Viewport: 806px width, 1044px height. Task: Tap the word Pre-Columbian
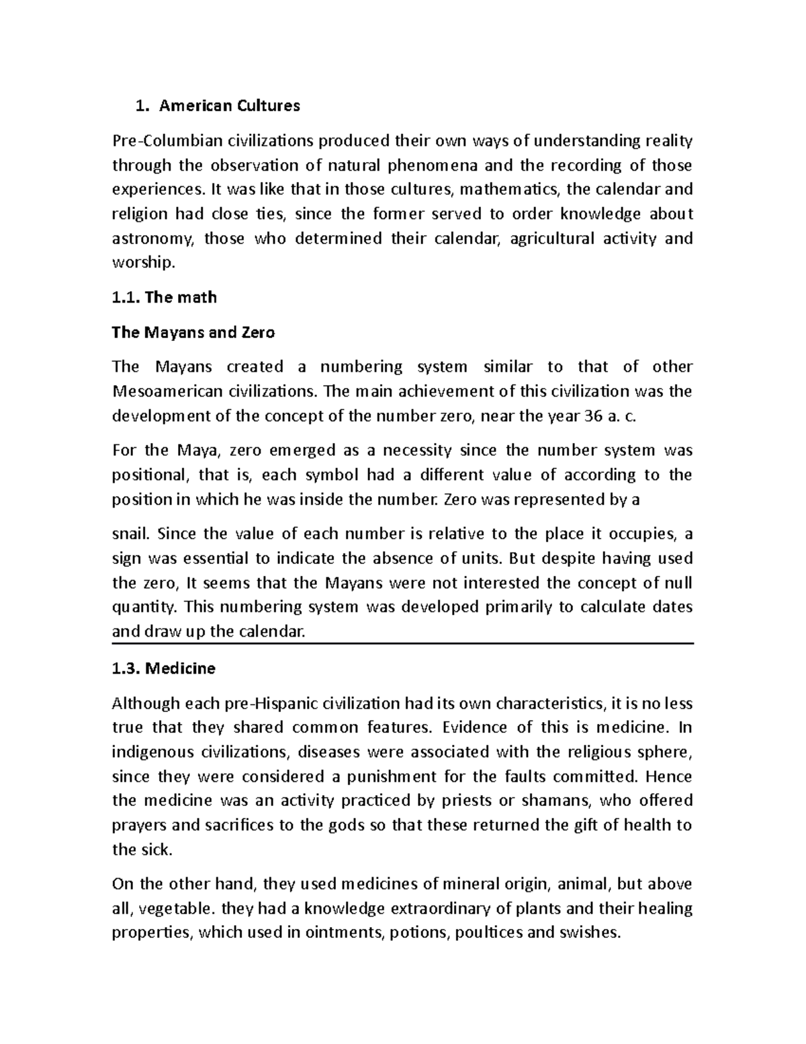click(x=159, y=141)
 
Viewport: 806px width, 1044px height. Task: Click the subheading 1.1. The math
click(x=164, y=297)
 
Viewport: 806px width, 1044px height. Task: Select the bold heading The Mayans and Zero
click(x=193, y=332)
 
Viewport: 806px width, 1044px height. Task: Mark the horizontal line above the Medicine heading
click(x=402, y=644)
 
